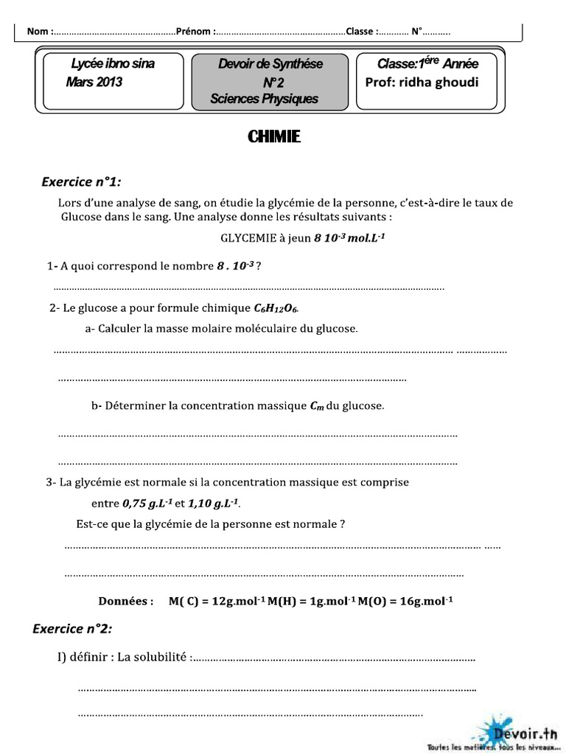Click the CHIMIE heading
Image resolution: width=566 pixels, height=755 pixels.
[x=273, y=137]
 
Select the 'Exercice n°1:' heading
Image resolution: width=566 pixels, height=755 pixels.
[x=82, y=181]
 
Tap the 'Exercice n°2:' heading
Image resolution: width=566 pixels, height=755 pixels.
[x=73, y=628]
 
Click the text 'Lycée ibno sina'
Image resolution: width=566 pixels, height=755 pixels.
[x=112, y=63]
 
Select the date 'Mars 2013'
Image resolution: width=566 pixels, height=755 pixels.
[x=94, y=82]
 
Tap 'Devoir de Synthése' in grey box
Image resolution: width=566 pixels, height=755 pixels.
[x=270, y=64]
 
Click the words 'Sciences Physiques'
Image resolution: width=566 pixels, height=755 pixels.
[x=264, y=98]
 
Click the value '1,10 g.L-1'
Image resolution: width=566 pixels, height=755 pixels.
[x=213, y=504]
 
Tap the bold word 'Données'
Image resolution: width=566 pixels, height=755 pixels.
[x=126, y=601]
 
